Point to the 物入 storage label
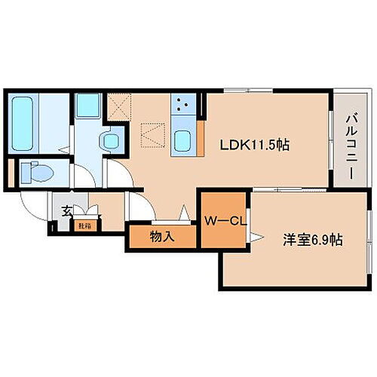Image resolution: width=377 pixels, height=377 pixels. [x=162, y=237]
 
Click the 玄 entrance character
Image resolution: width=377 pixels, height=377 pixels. [x=66, y=212]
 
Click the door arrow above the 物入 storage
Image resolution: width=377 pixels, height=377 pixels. [x=183, y=214]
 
